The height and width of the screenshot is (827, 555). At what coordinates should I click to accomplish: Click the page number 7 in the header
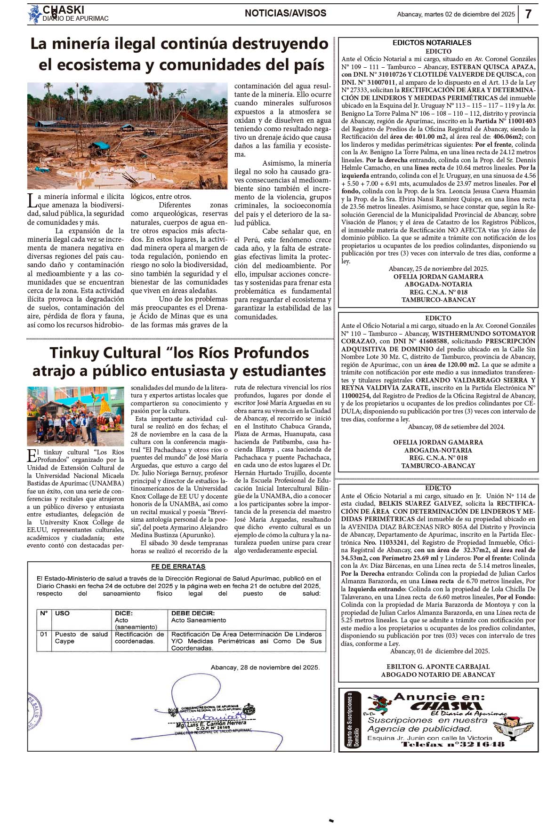528,14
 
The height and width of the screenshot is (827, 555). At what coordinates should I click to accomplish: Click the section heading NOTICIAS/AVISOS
285,13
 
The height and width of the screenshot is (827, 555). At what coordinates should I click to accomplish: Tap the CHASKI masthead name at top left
64,10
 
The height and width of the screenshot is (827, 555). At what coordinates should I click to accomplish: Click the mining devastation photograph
127,135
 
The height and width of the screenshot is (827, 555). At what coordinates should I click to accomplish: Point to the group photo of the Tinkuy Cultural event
75,416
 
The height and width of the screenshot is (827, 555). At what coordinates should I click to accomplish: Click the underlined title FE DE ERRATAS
178,566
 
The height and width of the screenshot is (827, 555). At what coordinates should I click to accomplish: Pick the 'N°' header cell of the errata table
44,613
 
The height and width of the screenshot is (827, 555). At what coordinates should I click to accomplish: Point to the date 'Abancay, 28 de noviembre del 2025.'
265,667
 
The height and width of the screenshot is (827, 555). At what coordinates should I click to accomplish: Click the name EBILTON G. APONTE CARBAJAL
438,667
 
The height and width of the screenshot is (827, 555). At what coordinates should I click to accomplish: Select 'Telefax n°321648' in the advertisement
452,744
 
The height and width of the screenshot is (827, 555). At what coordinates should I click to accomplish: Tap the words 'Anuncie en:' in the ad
439,697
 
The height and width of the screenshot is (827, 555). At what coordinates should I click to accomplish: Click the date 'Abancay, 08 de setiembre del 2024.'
456,427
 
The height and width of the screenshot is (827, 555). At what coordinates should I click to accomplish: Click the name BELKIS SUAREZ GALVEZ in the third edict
413,503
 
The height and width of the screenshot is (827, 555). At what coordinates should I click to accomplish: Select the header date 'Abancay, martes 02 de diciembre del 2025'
456,15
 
